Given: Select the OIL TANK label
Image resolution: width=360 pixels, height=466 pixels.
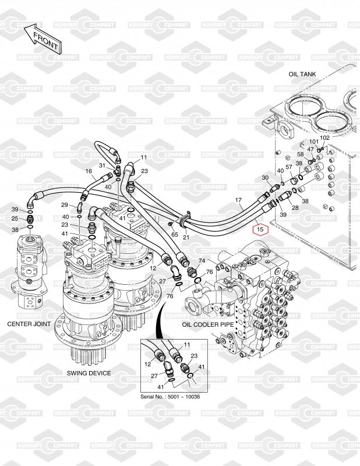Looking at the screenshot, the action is (x=302, y=74).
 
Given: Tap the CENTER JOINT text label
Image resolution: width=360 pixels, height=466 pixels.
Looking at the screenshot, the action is (x=29, y=324).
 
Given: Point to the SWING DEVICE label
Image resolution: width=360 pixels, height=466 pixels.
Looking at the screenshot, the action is (x=89, y=373).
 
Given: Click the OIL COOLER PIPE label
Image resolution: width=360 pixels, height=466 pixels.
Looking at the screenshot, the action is (x=208, y=324).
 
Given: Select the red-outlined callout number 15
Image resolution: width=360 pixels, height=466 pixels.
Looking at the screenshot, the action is (x=260, y=229).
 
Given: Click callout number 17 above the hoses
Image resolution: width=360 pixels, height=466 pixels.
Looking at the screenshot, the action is (x=238, y=200).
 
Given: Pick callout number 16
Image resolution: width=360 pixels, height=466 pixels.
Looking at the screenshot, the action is (x=89, y=171).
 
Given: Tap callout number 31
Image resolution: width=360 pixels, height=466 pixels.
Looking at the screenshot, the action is (x=102, y=165).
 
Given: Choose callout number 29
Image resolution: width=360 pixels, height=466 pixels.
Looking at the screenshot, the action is (x=65, y=205).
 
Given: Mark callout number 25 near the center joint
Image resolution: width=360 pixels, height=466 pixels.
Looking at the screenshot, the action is (x=15, y=218).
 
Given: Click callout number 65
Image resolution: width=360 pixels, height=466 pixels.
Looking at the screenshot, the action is (x=175, y=234).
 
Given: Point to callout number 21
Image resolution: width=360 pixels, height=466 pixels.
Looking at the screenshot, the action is (x=186, y=237).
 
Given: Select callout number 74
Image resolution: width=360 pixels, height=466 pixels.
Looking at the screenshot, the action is (x=202, y=260).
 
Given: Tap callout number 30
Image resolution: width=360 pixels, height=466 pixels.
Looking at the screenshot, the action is (x=265, y=178).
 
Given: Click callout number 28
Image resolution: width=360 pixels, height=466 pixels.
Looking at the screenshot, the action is (x=295, y=207).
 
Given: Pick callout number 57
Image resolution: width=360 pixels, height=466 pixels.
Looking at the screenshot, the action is (x=289, y=167).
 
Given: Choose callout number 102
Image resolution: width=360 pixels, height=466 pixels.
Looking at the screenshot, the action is (x=324, y=137).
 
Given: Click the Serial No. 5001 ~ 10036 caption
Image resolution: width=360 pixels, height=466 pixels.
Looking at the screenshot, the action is (x=170, y=397).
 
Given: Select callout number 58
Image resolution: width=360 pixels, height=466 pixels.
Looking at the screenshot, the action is (x=301, y=154).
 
